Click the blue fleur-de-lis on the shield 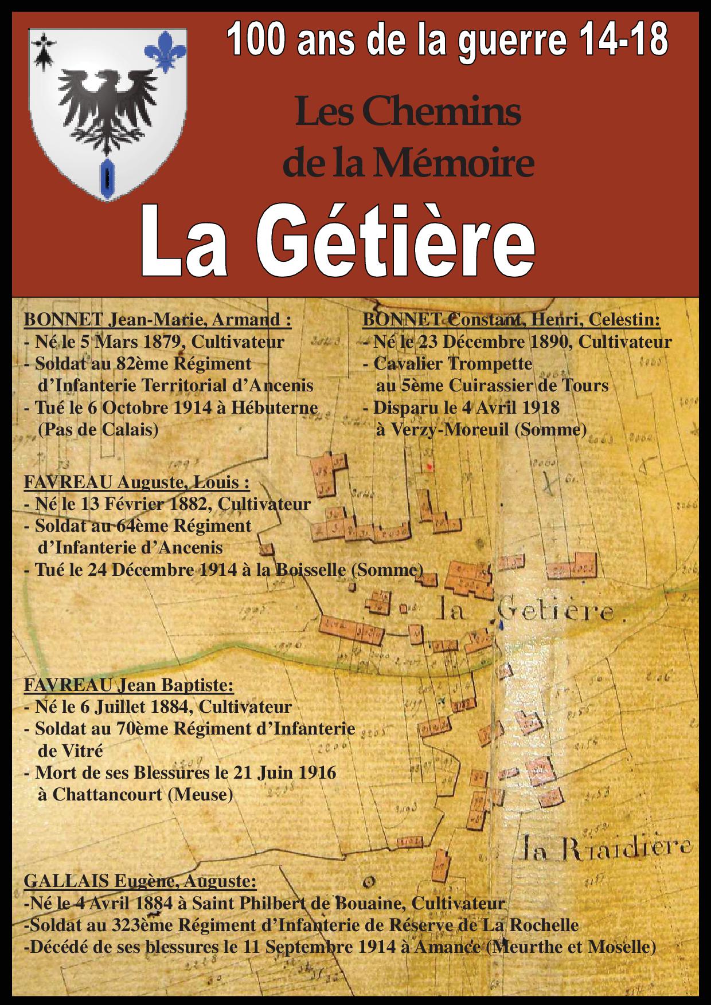[x=166, y=50]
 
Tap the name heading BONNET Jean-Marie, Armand [x=157, y=320]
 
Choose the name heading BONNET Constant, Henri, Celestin [x=511, y=320]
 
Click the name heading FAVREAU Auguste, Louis [x=136, y=482]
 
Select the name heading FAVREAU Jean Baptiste [x=128, y=685]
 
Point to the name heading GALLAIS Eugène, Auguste [x=140, y=881]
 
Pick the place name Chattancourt [x=107, y=795]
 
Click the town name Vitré [x=71, y=751]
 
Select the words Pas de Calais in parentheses [x=98, y=430]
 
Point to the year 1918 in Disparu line [x=537, y=408]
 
